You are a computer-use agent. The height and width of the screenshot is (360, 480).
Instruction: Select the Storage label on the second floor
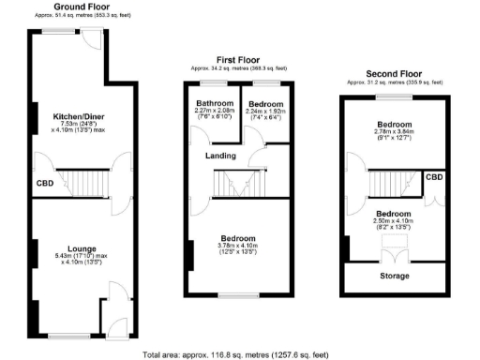pyautogui.click(x=392, y=277)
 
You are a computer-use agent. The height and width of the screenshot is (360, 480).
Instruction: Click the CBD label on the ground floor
pyautogui.click(x=45, y=183)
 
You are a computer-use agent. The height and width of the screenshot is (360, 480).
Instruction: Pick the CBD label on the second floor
pyautogui.click(x=434, y=177)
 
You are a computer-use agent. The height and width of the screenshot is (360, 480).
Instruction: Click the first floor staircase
pyautogui.click(x=241, y=185)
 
